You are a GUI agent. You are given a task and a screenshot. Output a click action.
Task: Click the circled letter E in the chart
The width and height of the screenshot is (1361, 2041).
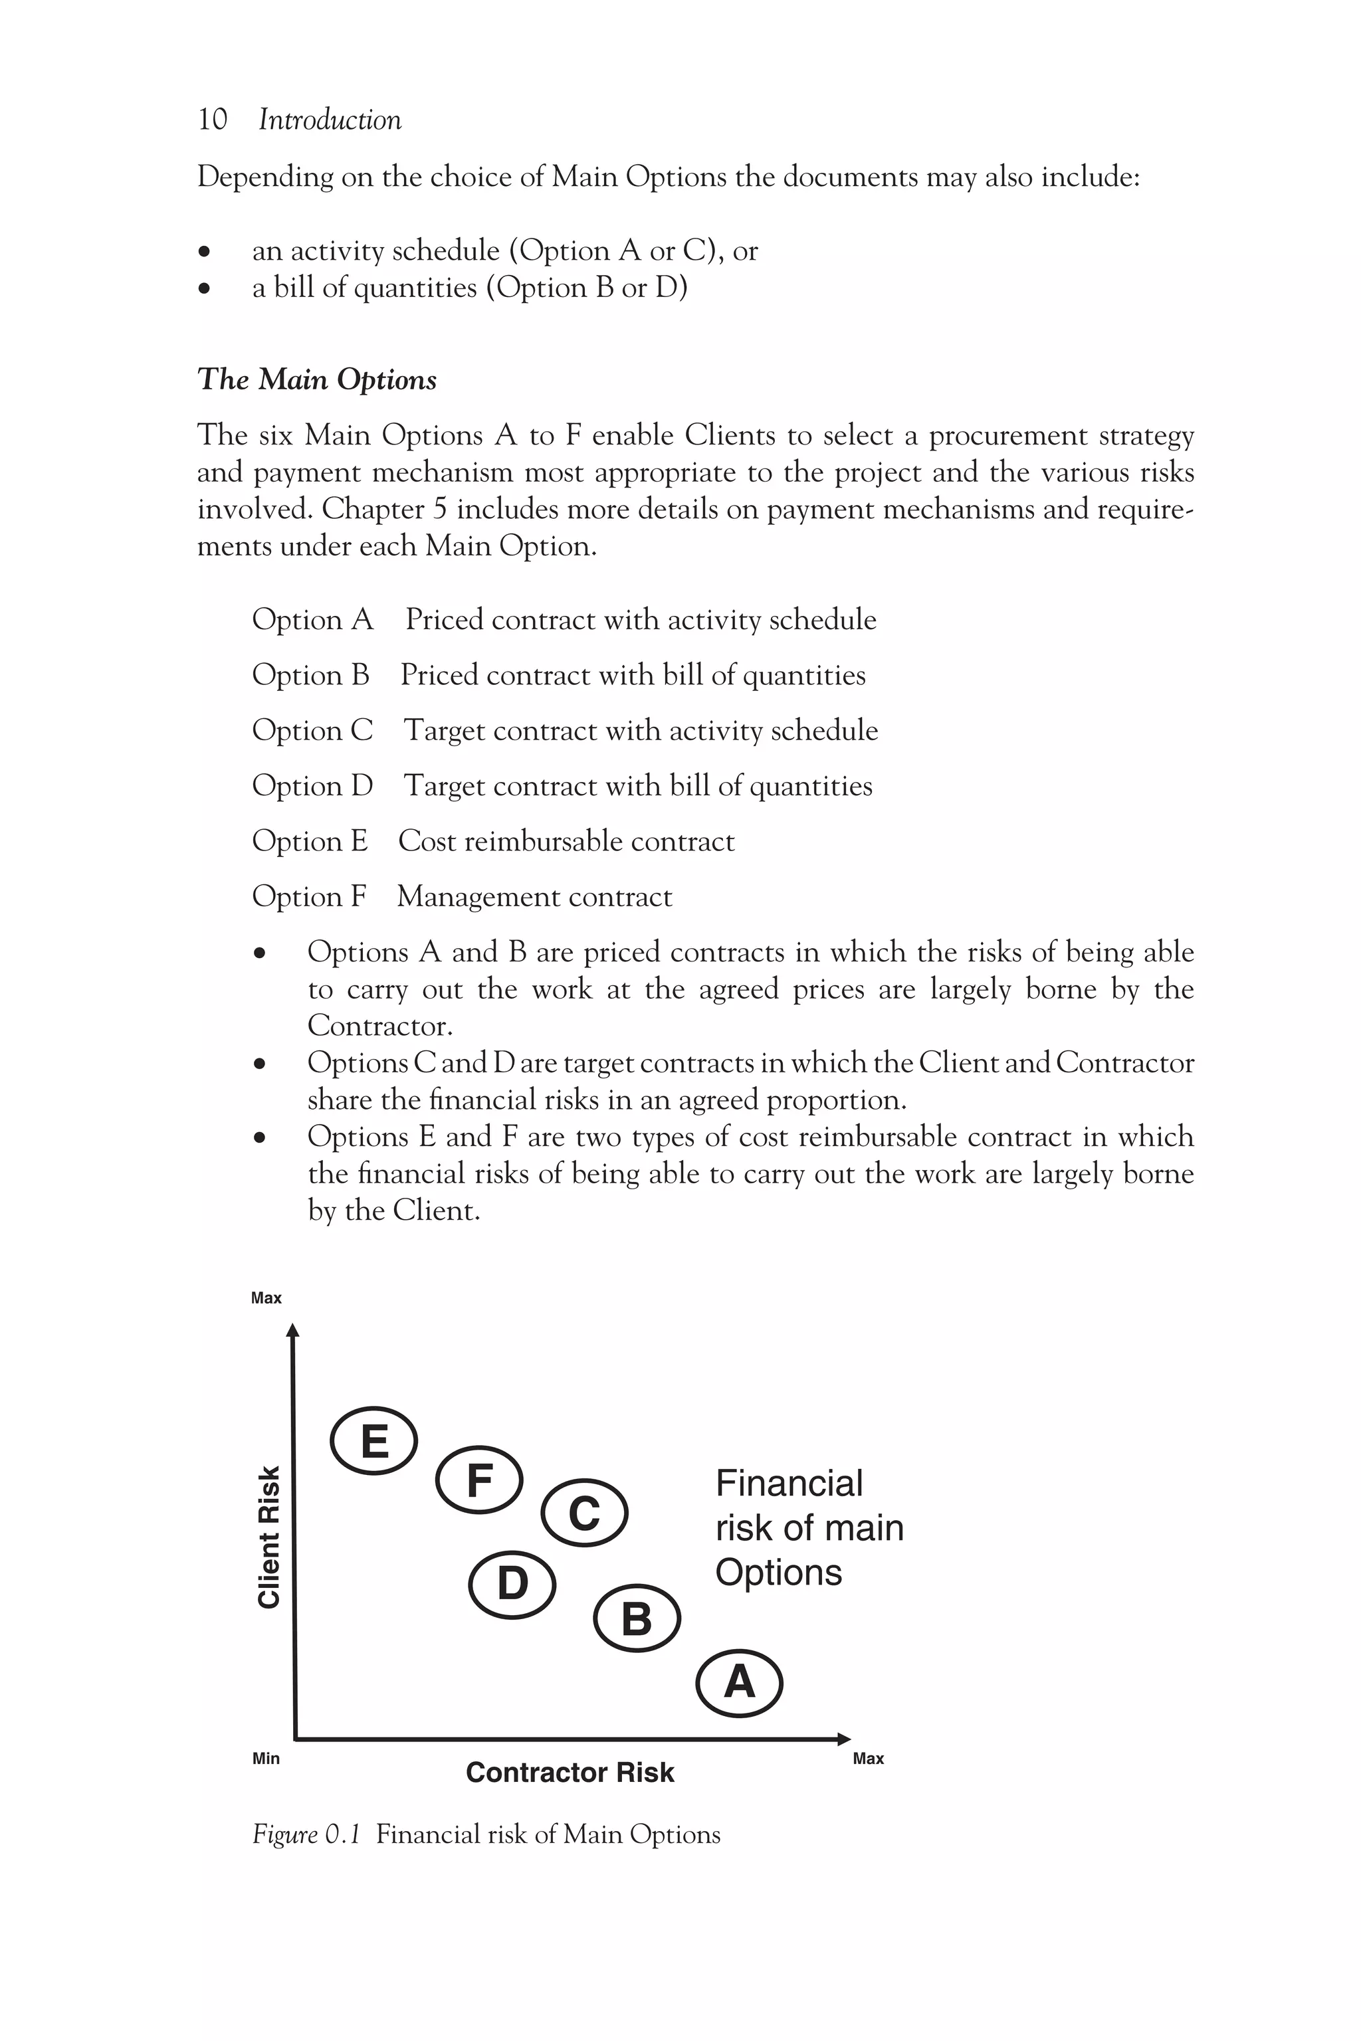[x=374, y=1441]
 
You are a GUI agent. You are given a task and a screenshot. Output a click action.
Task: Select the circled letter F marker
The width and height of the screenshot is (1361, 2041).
[x=479, y=1480]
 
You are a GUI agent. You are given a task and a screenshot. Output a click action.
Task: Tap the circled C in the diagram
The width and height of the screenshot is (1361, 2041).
[x=584, y=1513]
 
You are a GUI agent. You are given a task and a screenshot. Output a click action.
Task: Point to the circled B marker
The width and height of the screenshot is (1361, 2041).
[x=637, y=1618]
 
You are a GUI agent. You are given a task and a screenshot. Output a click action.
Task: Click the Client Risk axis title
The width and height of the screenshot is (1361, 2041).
[x=270, y=1537]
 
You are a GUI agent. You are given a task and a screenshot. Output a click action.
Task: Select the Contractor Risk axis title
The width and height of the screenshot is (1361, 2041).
[x=570, y=1773]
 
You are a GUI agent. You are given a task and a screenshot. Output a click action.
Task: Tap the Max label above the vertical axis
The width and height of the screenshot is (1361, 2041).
[x=266, y=1298]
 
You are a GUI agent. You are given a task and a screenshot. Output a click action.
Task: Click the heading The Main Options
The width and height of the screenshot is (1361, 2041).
[x=317, y=379]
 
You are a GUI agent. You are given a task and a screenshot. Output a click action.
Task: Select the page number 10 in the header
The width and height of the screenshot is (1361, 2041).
[x=213, y=120]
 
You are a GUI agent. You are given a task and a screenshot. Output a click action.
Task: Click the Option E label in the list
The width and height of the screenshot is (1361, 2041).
[x=310, y=841]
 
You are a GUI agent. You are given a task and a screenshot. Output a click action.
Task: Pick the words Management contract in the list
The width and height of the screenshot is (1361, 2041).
[x=535, y=896]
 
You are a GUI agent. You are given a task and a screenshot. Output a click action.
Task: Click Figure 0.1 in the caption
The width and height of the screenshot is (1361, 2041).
[x=306, y=1834]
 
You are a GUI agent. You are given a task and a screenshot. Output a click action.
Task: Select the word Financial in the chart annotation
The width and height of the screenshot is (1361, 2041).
[x=789, y=1484]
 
